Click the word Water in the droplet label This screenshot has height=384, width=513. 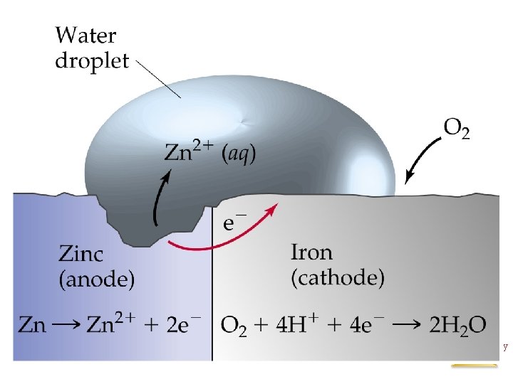tap(86, 36)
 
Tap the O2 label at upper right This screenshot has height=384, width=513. tap(457, 130)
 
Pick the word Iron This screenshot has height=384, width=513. tap(311, 252)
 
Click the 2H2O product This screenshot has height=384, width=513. tap(458, 325)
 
